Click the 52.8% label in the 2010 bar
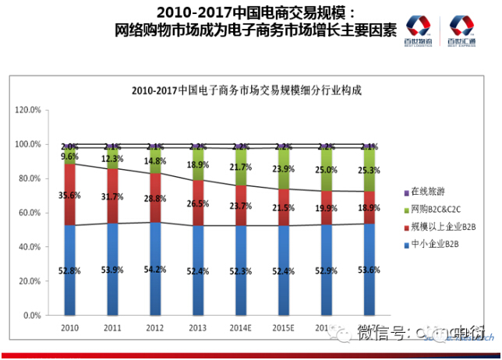click(x=69, y=270)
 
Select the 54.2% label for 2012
click(x=155, y=270)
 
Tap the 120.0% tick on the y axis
click(x=27, y=111)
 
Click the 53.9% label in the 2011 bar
click(x=112, y=270)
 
